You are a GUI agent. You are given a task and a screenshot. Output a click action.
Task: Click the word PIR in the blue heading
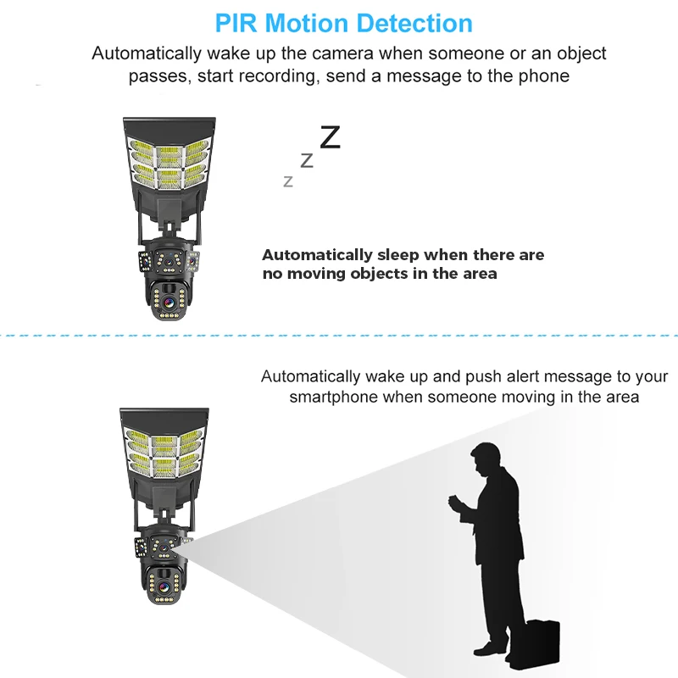point(236,24)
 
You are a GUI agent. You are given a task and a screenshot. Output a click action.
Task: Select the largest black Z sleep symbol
point(331,137)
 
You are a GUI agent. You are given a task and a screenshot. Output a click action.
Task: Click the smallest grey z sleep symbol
point(288,181)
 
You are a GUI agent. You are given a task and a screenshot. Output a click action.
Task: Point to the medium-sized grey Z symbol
point(307,161)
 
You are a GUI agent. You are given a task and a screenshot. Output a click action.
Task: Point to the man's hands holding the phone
point(457,504)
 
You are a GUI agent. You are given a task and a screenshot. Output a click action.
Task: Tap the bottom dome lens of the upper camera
point(168,302)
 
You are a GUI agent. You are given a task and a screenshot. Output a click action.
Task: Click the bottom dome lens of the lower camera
point(164,586)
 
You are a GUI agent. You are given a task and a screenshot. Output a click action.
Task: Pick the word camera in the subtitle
point(342,53)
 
